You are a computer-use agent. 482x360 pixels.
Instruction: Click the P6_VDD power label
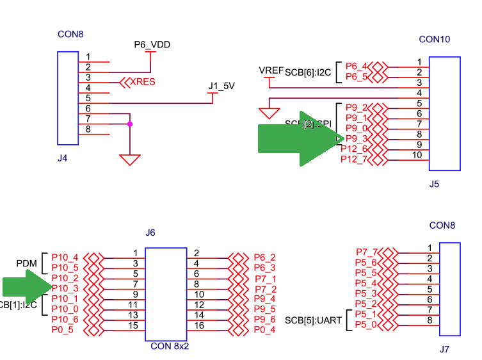pos(152,45)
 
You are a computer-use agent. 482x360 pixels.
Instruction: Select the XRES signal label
pos(143,82)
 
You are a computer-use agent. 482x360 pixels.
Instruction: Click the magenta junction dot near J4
pos(130,124)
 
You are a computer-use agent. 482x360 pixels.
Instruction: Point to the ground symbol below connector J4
pos(130,159)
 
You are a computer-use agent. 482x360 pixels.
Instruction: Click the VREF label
pos(271,70)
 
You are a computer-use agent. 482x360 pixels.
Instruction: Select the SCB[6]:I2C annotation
pos(308,72)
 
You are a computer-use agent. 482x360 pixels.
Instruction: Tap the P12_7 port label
pos(354,159)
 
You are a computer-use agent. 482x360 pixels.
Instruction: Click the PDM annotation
pos(28,263)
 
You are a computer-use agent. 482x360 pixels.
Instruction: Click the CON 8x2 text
pos(169,347)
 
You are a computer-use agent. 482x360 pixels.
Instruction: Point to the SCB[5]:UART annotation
pos(314,320)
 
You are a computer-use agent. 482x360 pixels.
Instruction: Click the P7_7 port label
pos(367,252)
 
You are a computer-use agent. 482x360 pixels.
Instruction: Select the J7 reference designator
pos(444,350)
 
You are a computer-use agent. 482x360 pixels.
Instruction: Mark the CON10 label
pos(434,39)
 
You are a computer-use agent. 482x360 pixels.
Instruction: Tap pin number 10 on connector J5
pos(417,154)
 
